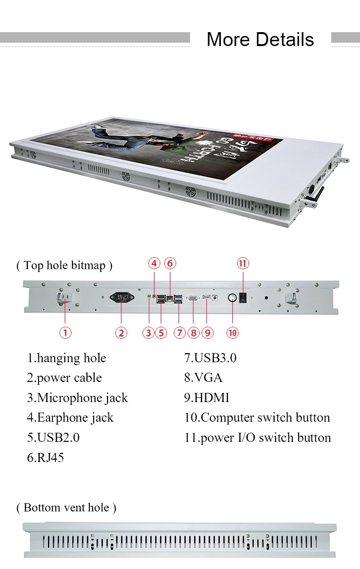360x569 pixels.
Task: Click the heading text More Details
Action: click(x=260, y=39)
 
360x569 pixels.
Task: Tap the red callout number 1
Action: click(x=65, y=332)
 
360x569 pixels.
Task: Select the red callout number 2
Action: click(x=121, y=332)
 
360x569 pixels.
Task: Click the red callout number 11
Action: click(x=243, y=263)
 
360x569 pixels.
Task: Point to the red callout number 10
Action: click(x=232, y=332)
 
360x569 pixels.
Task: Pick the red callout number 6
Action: click(x=170, y=263)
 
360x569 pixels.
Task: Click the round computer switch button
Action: click(x=232, y=298)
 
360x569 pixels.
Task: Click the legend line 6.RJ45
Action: click(x=45, y=458)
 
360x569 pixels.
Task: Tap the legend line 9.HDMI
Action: click(x=207, y=398)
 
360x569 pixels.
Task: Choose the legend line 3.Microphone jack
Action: click(x=77, y=398)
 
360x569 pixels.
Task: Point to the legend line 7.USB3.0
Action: click(x=210, y=358)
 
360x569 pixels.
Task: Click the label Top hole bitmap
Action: click(x=64, y=265)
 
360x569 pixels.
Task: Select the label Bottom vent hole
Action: click(x=66, y=508)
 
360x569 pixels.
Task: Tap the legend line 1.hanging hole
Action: click(x=66, y=358)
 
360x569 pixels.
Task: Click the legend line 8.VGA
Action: click(x=204, y=378)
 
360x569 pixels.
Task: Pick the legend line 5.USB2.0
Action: click(x=53, y=438)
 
